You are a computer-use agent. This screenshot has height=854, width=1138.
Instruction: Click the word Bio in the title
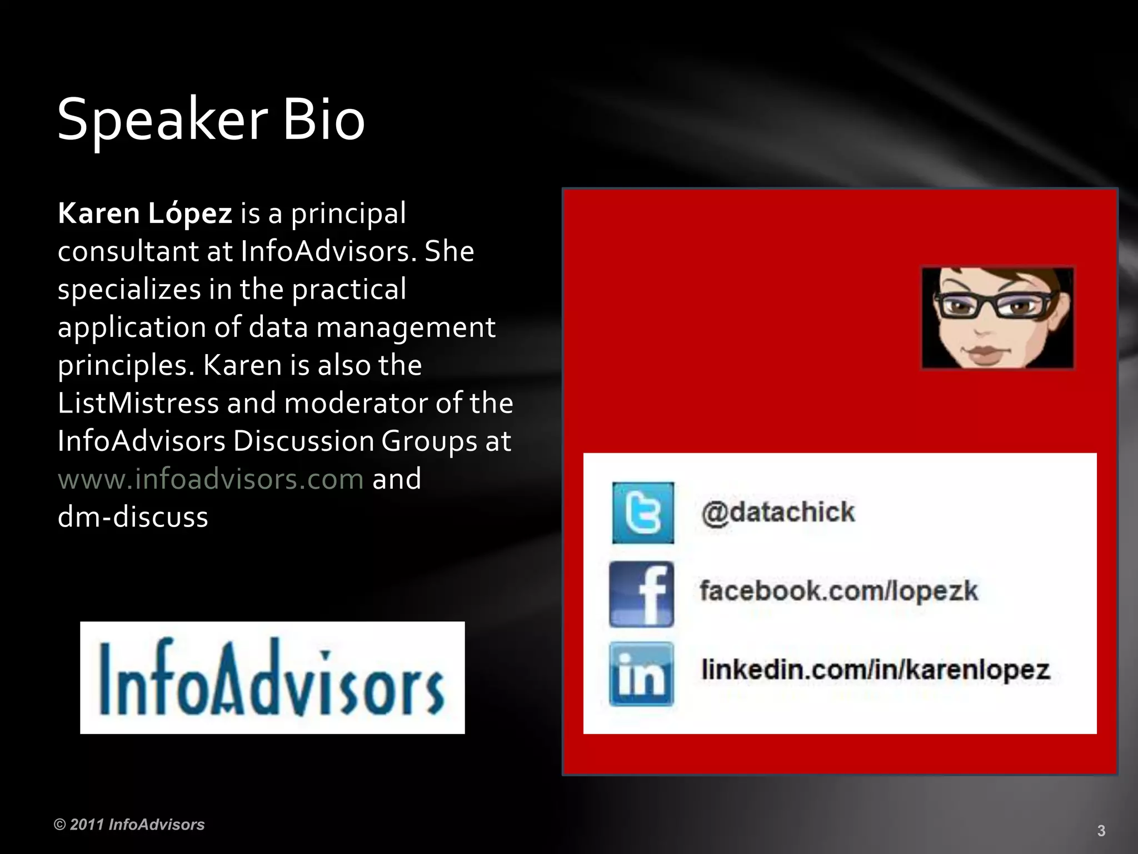[324, 120]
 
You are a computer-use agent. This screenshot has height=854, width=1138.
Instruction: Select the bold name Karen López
[144, 213]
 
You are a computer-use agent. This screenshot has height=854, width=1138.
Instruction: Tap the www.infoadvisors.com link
[211, 479]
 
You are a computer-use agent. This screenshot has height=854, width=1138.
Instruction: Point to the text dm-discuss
[133, 517]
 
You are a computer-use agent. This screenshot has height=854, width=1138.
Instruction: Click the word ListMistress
[138, 403]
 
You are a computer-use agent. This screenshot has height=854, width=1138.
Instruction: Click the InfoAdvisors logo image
[272, 677]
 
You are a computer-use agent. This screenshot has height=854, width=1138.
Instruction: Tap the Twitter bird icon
[643, 513]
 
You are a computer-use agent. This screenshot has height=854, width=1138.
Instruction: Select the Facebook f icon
[642, 594]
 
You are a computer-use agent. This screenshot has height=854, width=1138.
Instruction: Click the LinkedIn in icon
[641, 674]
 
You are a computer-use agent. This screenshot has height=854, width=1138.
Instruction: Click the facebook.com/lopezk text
[838, 591]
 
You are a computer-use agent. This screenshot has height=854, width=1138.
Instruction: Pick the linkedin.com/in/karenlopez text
[875, 670]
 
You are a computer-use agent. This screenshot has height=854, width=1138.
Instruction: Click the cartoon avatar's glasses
[995, 305]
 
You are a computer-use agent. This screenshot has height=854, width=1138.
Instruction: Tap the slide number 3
[1101, 831]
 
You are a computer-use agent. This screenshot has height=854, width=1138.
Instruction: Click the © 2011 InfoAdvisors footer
[129, 825]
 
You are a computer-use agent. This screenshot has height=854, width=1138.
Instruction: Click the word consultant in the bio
[128, 252]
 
